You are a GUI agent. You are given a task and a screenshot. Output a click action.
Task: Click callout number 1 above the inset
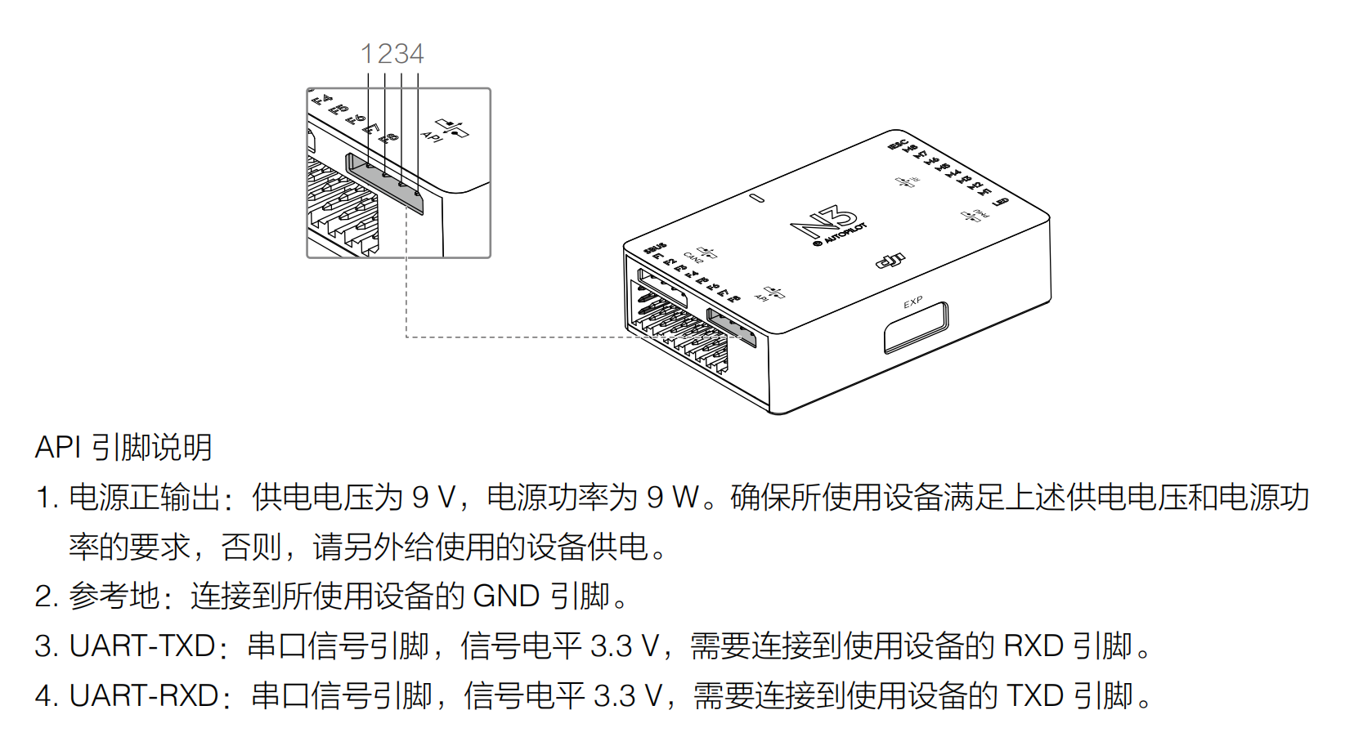[x=367, y=54]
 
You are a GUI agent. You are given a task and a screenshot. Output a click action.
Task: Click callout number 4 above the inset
[x=416, y=54]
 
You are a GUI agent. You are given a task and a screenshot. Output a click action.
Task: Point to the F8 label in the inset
[x=390, y=137]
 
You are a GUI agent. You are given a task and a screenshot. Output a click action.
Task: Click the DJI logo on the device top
[x=890, y=261]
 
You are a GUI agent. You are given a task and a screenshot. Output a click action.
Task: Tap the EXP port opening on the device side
[x=916, y=328]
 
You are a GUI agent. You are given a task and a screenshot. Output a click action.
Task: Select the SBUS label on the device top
[x=655, y=248]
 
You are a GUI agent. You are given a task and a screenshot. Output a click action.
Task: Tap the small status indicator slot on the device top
[x=757, y=198]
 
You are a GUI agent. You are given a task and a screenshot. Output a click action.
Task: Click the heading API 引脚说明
[x=123, y=447]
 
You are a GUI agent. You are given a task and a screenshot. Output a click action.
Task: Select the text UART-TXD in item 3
[x=142, y=645]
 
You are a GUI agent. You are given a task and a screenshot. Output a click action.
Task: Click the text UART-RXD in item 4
[x=144, y=695]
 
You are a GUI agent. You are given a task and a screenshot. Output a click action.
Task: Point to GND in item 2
[x=506, y=596]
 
